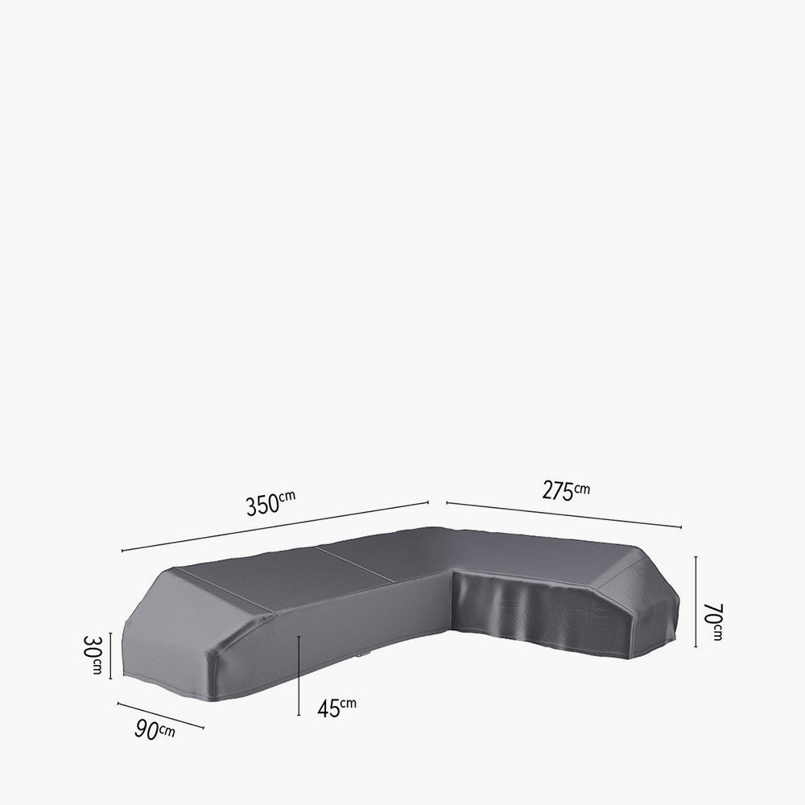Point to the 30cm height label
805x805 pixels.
(95, 655)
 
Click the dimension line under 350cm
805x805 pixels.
(274, 526)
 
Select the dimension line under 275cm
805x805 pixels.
(563, 514)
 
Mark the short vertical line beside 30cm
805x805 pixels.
(110, 656)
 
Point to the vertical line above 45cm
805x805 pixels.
(299, 676)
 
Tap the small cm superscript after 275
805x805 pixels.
(582, 487)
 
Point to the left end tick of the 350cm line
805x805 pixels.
(122, 551)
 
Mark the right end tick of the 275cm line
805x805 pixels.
(682, 527)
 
